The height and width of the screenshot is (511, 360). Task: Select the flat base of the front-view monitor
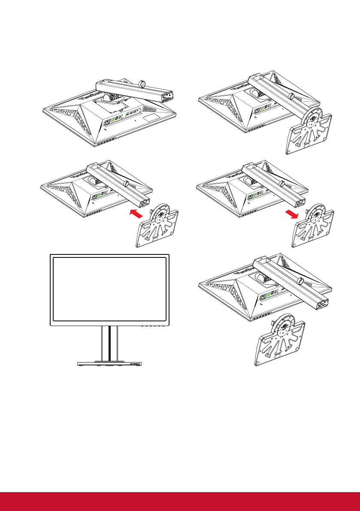click(x=109, y=363)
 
